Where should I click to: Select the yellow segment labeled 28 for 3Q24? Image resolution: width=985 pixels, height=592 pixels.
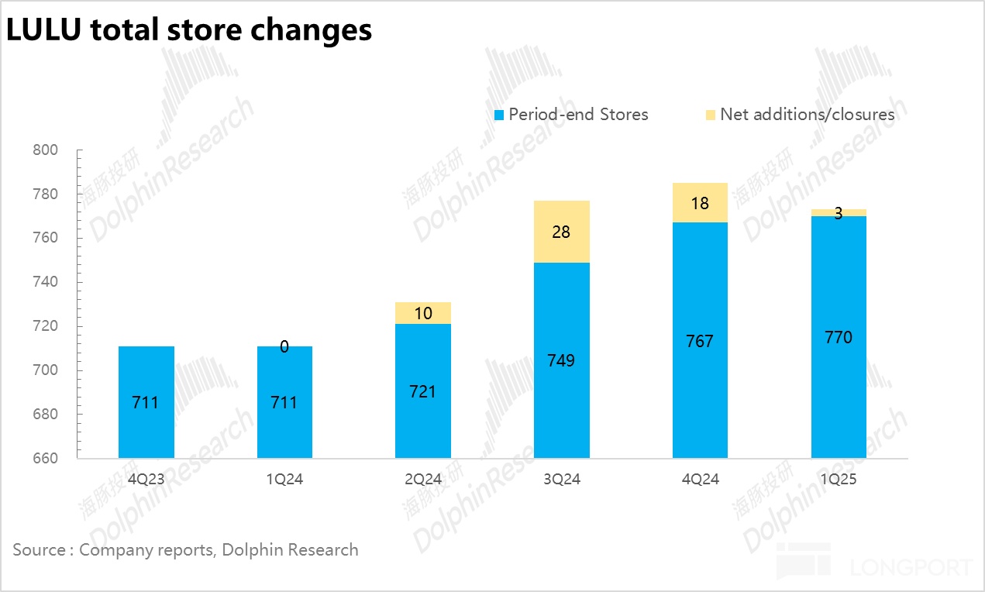tap(562, 232)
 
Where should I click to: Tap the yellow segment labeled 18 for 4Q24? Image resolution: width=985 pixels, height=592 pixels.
tap(700, 203)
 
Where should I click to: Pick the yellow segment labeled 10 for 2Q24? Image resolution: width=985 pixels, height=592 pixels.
tap(423, 313)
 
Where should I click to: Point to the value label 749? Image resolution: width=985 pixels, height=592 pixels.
tap(561, 360)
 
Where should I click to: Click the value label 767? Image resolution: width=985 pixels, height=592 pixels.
tap(700, 341)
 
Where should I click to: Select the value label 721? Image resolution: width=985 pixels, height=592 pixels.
tap(423, 391)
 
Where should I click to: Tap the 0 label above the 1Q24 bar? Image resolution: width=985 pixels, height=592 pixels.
tap(284, 347)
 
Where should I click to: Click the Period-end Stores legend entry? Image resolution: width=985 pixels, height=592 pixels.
tap(571, 115)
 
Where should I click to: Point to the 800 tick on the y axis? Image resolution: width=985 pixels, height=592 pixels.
tap(46, 150)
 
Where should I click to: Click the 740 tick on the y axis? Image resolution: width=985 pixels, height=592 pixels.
tap(46, 282)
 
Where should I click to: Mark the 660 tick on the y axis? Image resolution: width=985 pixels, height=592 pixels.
tap(46, 459)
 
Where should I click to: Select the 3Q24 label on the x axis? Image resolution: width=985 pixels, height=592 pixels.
tap(561, 480)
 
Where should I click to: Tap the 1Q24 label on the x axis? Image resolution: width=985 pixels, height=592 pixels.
tap(284, 480)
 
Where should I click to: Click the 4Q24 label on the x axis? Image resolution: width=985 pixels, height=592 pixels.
tap(700, 480)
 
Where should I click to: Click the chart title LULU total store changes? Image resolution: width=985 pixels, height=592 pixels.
tap(189, 30)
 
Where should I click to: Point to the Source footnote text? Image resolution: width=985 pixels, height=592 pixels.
tap(185, 550)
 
